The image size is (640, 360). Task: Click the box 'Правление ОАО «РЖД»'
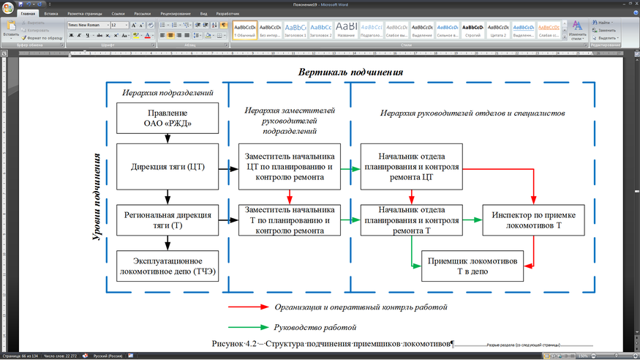tap(167, 118)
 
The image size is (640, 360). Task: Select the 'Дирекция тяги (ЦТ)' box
tap(167, 167)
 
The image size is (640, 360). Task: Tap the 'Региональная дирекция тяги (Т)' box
tap(167, 220)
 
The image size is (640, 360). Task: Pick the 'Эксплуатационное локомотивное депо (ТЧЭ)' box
tap(167, 266)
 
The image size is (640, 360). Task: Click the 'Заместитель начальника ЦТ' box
tap(290, 167)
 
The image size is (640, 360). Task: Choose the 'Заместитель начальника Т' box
tap(290, 220)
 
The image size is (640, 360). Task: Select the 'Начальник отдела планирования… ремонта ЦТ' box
tap(411, 167)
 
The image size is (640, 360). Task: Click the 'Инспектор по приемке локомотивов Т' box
tap(533, 220)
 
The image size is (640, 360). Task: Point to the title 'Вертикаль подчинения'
tap(350, 72)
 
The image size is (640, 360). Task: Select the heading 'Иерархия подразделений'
tap(167, 93)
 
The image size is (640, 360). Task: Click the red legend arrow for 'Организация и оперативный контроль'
tap(246, 307)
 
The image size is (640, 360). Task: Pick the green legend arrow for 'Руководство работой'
tap(246, 327)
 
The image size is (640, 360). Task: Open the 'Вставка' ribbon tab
tap(51, 13)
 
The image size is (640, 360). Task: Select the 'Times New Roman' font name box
tap(86, 25)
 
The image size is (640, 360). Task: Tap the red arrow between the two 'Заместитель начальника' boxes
tap(290, 196)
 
